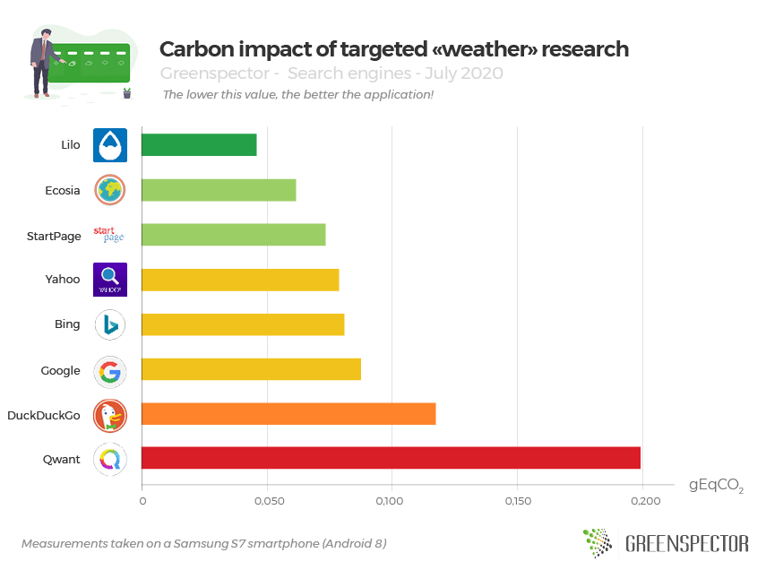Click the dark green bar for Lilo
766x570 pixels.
pos(199,144)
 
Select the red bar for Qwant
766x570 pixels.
pos(392,458)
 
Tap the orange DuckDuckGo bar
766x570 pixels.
pos(288,413)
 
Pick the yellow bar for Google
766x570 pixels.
pos(251,369)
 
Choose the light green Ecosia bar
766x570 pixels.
pos(219,190)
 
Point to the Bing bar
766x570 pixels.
pos(243,324)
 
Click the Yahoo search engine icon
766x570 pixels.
pos(110,280)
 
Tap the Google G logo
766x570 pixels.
pos(110,370)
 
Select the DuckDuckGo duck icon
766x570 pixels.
pos(110,414)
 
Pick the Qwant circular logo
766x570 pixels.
pos(110,459)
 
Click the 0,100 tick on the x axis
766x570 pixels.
pos(391,500)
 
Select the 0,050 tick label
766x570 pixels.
pos(266,500)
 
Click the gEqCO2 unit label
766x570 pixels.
pos(716,486)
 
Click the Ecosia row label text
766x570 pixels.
pos(63,190)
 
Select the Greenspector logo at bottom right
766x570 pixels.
pos(665,542)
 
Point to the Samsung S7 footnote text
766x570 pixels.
pos(203,544)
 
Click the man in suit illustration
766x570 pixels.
pos(41,61)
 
